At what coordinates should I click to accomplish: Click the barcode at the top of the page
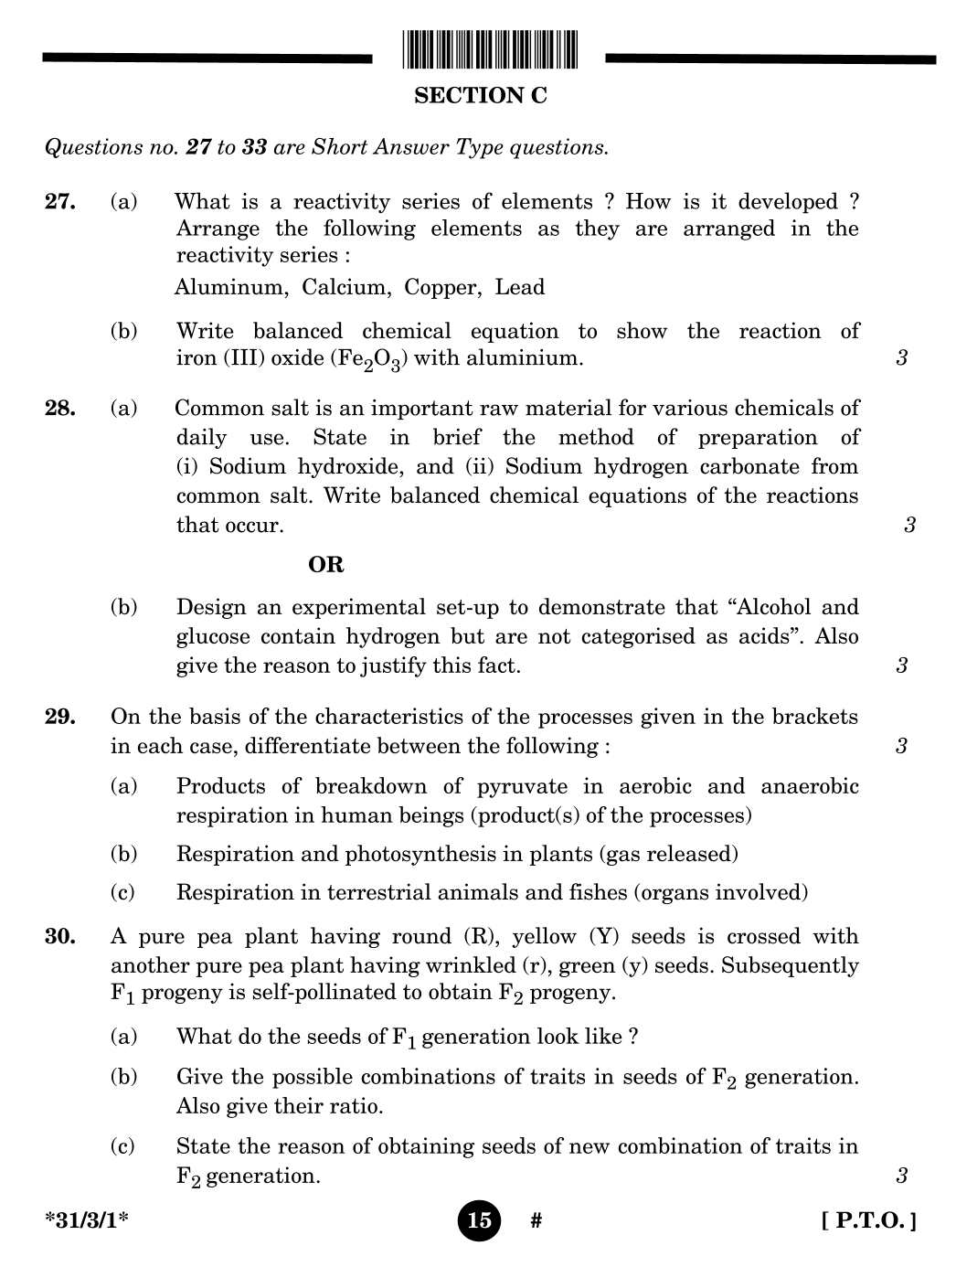(x=490, y=49)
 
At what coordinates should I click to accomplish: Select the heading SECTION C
(x=480, y=96)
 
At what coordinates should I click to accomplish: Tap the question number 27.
(x=59, y=202)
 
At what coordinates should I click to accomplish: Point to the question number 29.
(x=59, y=717)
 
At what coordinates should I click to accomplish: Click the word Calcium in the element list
(x=344, y=288)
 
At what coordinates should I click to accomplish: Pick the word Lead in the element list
(x=519, y=288)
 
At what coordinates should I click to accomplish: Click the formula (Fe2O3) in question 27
(x=368, y=359)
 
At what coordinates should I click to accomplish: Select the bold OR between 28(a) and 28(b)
(x=326, y=565)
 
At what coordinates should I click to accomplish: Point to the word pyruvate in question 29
(x=522, y=787)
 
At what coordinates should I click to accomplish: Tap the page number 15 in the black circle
(x=479, y=1220)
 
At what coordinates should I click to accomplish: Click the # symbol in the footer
(x=536, y=1221)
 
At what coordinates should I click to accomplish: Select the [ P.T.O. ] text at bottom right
(x=868, y=1221)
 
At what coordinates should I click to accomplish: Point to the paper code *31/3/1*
(x=87, y=1221)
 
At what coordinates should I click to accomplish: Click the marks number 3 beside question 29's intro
(x=901, y=747)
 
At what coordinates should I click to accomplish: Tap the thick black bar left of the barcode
(x=207, y=59)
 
